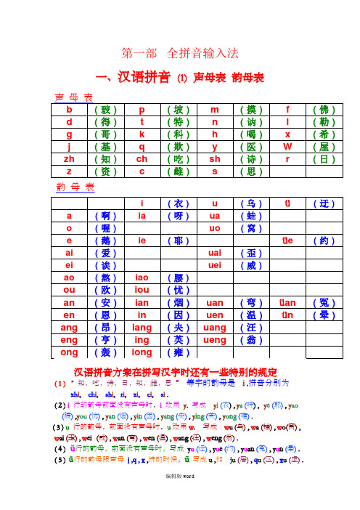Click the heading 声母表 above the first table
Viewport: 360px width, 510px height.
click(74, 97)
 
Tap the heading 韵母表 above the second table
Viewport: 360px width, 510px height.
click(75, 188)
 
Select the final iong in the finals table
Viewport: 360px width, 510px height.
click(142, 352)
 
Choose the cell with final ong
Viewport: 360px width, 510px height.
click(69, 352)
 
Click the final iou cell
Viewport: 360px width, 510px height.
click(142, 290)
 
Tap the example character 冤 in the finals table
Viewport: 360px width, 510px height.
click(319, 302)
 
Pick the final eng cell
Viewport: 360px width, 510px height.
click(69, 339)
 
